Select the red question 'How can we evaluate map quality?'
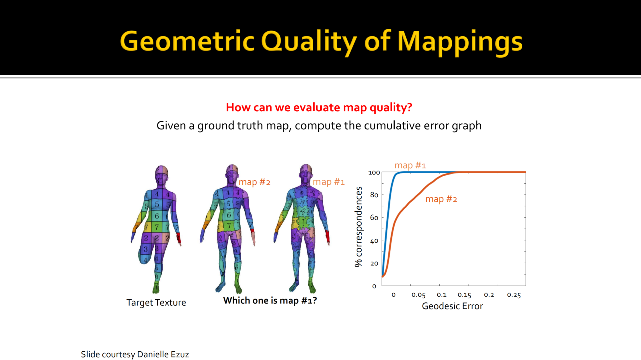(x=319, y=107)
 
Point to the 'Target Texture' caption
(x=156, y=302)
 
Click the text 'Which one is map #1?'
(x=270, y=300)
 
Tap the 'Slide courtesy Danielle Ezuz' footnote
(x=135, y=354)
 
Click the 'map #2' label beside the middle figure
(x=255, y=182)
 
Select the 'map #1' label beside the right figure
(x=329, y=182)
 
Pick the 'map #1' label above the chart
(x=410, y=165)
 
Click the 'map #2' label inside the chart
(x=441, y=199)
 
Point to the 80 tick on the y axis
(x=374, y=195)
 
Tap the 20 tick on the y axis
(x=374, y=263)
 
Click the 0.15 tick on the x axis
(x=464, y=295)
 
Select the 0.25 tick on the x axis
(x=514, y=295)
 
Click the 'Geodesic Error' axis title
(x=452, y=306)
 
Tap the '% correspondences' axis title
(x=358, y=227)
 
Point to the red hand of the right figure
(x=327, y=237)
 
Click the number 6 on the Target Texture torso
(x=157, y=216)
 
